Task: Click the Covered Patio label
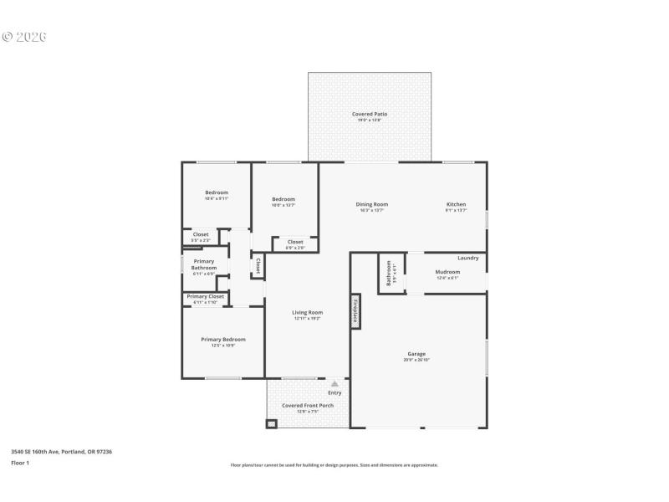coord(369,114)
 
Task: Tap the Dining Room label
coord(372,204)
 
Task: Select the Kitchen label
coord(456,204)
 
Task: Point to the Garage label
coord(416,354)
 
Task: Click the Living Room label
coord(307,313)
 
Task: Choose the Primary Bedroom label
coord(223,339)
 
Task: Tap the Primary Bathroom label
coord(203,264)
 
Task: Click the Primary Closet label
coord(205,296)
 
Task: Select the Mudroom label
coord(447,272)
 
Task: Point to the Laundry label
coord(468,258)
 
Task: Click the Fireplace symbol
coord(355,310)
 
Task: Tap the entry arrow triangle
coord(334,384)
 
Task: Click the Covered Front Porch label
coord(307,406)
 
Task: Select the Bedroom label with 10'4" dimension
coord(217,192)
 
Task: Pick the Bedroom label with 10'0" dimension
coord(283,199)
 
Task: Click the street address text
coord(61,452)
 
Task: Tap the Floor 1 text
coord(20,463)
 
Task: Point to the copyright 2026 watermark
coord(24,37)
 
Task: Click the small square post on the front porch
coord(271,424)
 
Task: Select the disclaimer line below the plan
coord(334,465)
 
